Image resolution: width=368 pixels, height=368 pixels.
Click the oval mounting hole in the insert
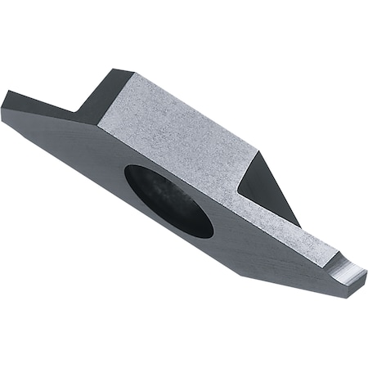pos(168,200)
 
